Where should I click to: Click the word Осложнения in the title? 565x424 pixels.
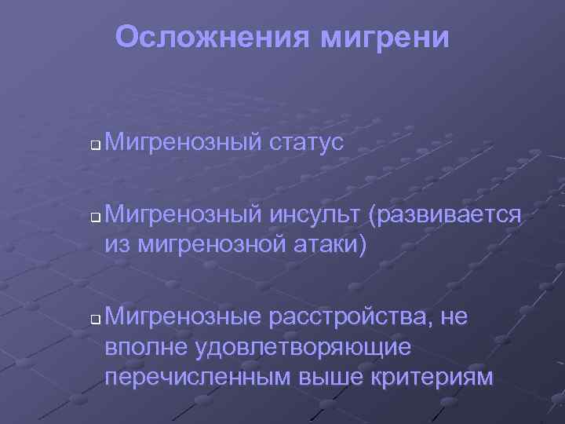[212, 37]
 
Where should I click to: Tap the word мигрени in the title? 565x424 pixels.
[385, 37]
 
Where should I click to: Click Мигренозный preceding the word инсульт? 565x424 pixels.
[182, 214]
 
